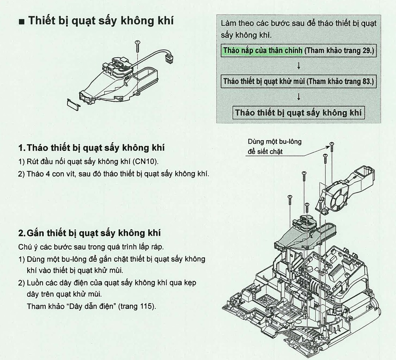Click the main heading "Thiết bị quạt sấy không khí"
[x=101, y=20]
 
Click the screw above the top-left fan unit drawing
[x=138, y=46]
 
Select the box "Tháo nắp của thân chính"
[x=298, y=51]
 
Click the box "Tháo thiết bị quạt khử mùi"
[x=298, y=82]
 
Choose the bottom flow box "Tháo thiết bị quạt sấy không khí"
[x=298, y=113]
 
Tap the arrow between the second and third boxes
[x=298, y=97]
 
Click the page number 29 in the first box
[x=366, y=51]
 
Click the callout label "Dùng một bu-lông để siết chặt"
[x=275, y=146]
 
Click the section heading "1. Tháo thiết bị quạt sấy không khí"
[x=92, y=147]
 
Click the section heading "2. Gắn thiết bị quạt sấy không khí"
[x=89, y=233]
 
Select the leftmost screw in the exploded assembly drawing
[x=290, y=200]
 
